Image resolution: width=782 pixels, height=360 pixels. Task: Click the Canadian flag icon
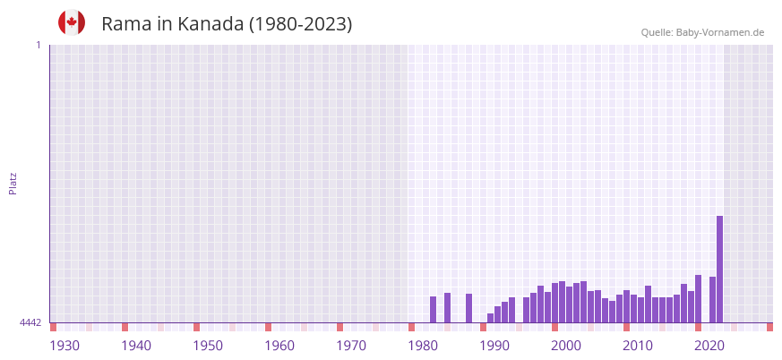point(72,22)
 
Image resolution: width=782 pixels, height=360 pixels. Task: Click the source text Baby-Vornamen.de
point(720,32)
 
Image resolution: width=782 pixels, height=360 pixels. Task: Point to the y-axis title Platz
point(13,183)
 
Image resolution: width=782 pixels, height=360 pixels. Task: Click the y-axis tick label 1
point(38,45)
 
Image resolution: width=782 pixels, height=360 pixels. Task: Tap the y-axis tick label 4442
point(30,322)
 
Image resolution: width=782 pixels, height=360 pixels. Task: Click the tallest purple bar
point(719,269)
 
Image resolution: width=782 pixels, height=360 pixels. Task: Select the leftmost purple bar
point(433,310)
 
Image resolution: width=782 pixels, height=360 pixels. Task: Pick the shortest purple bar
point(490,318)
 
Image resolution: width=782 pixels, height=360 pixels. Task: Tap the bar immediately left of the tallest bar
point(712,300)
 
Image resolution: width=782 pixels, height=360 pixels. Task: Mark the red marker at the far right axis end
point(769,327)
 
